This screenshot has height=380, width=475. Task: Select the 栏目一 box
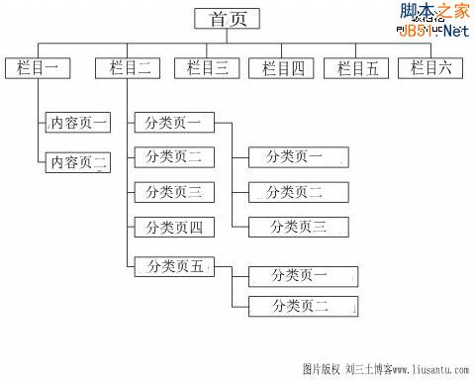(38, 68)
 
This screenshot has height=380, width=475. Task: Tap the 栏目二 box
(129, 68)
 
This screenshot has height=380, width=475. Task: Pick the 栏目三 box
(208, 68)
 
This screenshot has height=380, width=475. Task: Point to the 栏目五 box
(357, 68)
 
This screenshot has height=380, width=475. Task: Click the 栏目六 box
(430, 68)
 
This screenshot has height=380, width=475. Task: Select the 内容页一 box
(79, 124)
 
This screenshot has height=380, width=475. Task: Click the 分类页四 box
(173, 228)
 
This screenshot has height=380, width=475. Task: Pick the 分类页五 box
(175, 265)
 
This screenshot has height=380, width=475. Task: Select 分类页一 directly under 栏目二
(173, 124)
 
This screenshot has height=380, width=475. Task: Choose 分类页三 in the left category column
(173, 192)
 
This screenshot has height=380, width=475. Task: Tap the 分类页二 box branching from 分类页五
(301, 306)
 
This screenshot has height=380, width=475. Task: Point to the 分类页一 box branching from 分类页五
(301, 277)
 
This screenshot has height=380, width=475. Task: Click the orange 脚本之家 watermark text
(432, 12)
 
